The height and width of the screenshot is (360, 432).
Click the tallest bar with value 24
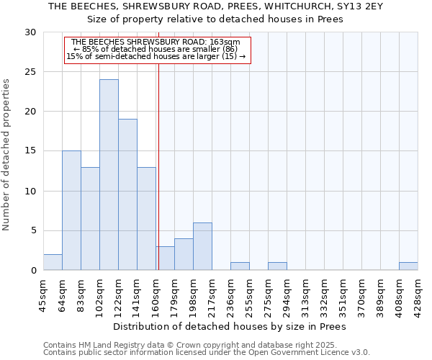point(109,175)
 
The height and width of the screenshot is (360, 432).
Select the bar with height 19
point(127,194)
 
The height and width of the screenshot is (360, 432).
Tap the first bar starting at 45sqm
point(53,262)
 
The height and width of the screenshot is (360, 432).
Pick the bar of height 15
point(71,210)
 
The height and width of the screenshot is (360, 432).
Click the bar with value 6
point(202,246)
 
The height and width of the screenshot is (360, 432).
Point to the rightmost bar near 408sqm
point(408,266)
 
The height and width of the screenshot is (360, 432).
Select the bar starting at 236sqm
point(240,266)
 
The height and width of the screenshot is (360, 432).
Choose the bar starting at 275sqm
point(277,266)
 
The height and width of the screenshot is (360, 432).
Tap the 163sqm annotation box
point(157,50)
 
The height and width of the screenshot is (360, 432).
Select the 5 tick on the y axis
point(32,230)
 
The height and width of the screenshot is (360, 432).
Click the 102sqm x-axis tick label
point(99,294)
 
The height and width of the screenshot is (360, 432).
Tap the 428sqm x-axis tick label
point(418,294)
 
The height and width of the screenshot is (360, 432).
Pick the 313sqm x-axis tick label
point(305,294)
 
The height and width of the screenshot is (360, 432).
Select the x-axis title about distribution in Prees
point(230,326)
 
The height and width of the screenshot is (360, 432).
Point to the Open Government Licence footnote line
point(207,353)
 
